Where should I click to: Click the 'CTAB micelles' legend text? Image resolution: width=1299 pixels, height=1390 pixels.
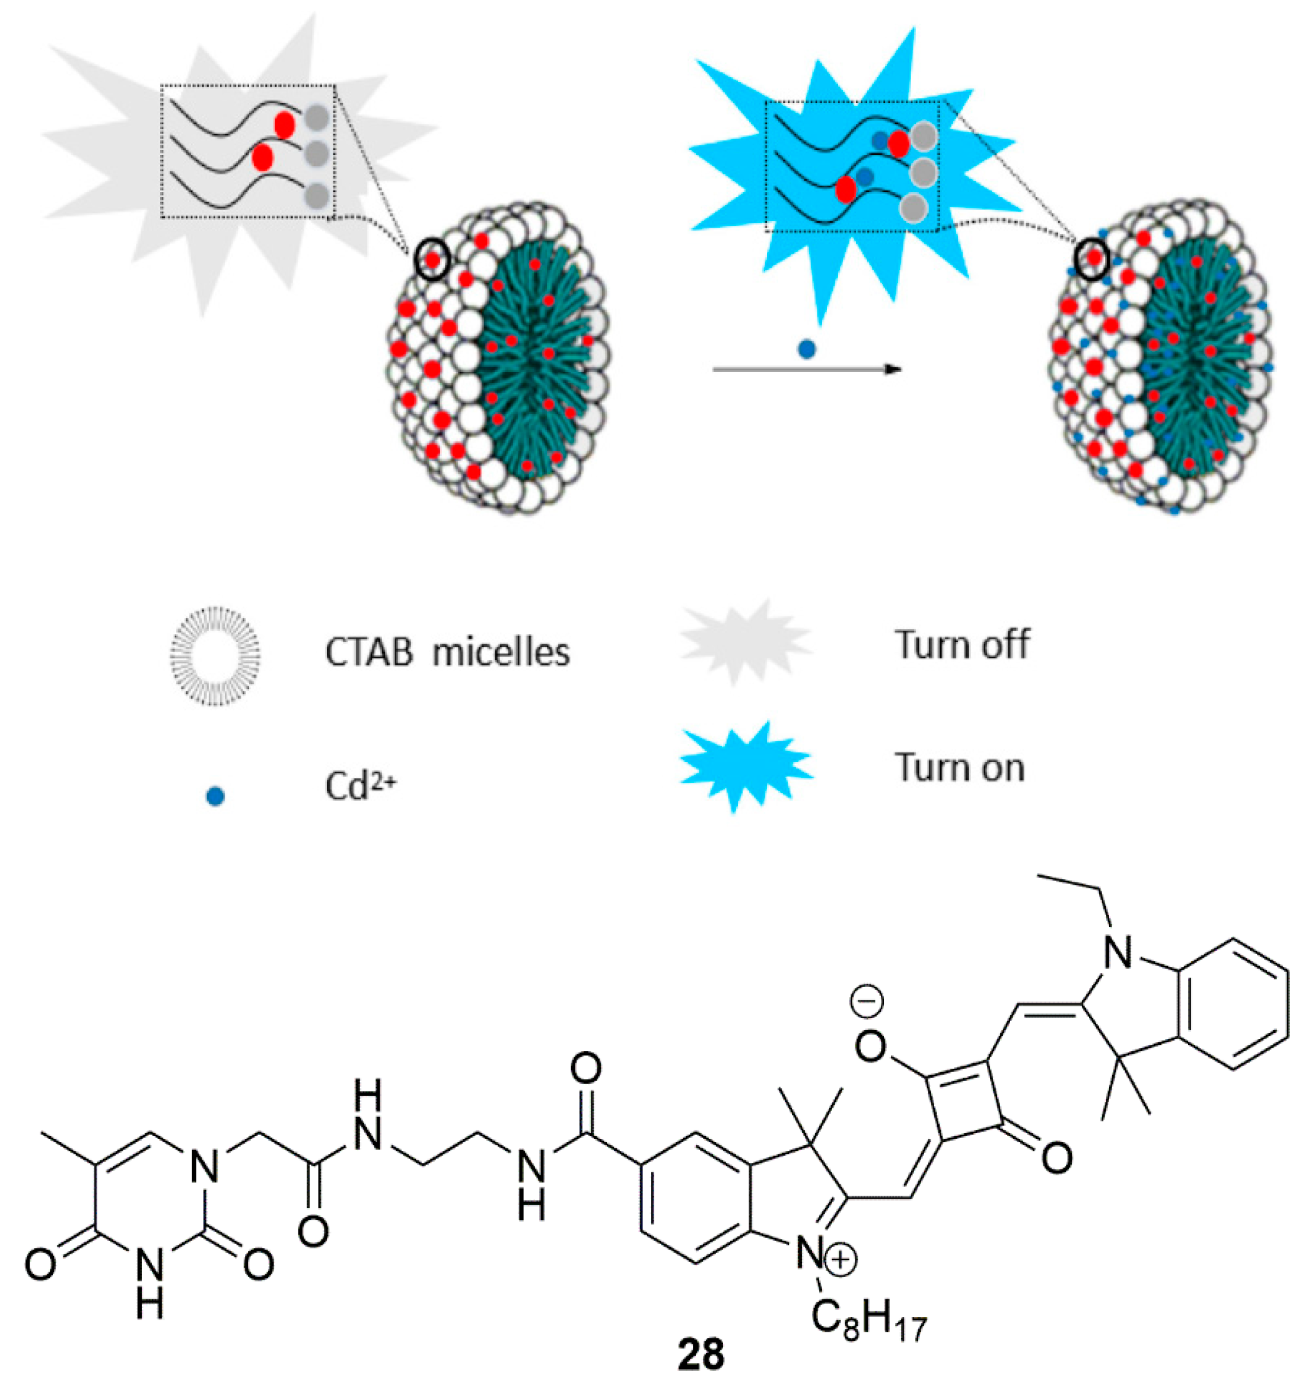point(447,652)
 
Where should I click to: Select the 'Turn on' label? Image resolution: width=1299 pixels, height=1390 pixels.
point(960,768)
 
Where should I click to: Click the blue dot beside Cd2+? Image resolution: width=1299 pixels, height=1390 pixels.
point(215,796)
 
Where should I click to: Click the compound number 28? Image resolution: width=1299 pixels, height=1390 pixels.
point(701,1355)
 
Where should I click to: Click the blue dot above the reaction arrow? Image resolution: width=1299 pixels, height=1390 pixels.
point(807,349)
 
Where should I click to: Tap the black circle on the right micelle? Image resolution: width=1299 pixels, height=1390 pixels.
point(1092,259)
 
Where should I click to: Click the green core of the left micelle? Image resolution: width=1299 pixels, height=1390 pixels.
point(535,353)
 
